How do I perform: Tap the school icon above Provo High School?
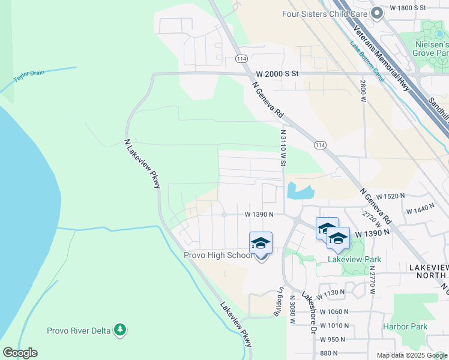[261, 243]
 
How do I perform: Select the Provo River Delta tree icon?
[121, 329]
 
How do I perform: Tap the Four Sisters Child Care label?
[325, 14]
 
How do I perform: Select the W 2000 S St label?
[277, 73]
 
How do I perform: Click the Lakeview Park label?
[354, 259]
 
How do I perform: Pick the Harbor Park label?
[405, 326]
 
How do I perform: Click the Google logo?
[20, 353]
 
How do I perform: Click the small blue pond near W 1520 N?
[300, 191]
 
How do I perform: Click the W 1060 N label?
[334, 311]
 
